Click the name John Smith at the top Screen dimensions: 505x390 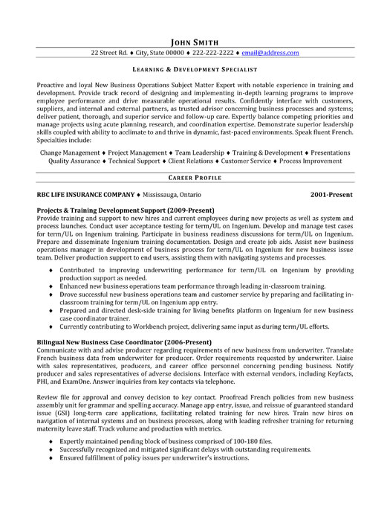(x=195, y=42)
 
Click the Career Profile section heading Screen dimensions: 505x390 (x=195, y=179)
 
